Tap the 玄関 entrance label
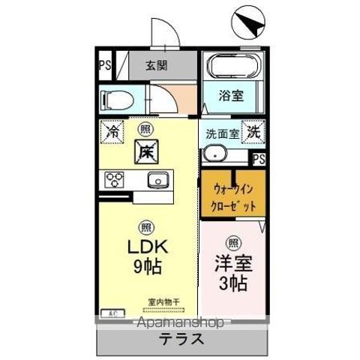(157, 65)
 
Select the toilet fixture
(116, 98)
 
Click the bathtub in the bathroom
(232, 68)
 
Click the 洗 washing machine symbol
(254, 130)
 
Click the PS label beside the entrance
(105, 65)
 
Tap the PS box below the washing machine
(259, 159)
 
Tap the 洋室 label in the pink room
(233, 265)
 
